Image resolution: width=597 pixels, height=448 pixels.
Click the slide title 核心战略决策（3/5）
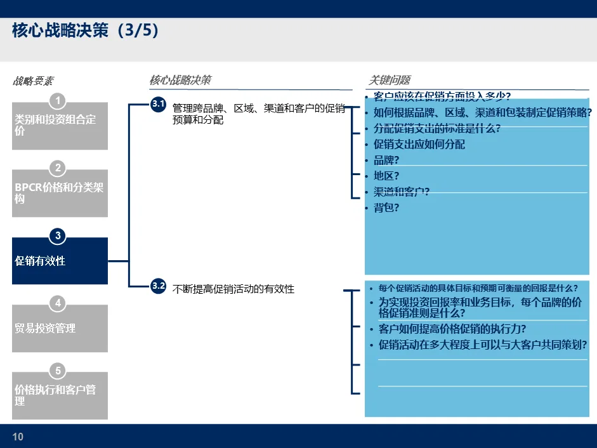(85, 30)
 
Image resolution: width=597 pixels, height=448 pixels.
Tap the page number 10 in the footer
(18, 437)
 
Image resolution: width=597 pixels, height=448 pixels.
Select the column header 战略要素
(33, 81)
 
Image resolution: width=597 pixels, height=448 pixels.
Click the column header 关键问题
(390, 80)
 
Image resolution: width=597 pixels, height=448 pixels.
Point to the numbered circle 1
(58, 101)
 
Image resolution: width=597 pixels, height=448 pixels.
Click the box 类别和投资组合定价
(60, 126)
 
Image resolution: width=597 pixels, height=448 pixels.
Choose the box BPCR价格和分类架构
(60, 194)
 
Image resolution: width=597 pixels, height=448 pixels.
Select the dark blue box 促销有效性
(60, 261)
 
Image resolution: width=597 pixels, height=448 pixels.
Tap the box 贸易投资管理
(60, 328)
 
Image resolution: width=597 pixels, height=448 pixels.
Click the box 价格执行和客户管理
(60, 395)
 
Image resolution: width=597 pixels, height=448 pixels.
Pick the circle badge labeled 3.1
(158, 104)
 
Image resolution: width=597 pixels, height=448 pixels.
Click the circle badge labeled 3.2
(158, 286)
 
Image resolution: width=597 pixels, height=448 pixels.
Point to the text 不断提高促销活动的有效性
(233, 289)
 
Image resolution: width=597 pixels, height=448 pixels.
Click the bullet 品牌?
(386, 161)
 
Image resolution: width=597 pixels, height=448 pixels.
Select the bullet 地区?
(386, 176)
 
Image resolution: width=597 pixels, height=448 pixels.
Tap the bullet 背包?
(386, 208)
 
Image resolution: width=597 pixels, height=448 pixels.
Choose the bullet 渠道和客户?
(402, 192)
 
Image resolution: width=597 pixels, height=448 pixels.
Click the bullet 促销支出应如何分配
(419, 145)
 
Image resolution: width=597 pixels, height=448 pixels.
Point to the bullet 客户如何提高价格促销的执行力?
(452, 329)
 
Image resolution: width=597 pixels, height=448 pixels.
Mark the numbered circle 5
(58, 371)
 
